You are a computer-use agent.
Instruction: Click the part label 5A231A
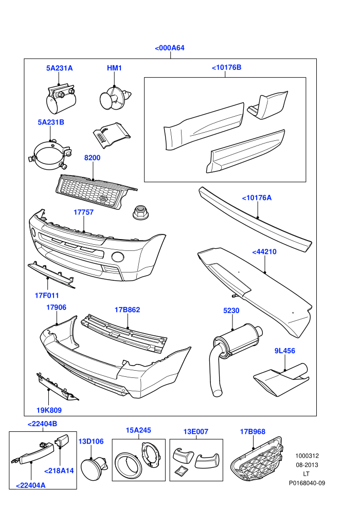pyautogui.click(x=60, y=68)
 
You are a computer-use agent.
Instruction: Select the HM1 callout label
pyautogui.click(x=114, y=68)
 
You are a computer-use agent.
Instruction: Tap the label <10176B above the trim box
pyautogui.click(x=227, y=67)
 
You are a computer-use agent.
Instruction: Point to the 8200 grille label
pyautogui.click(x=92, y=158)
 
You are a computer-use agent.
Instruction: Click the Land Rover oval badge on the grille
pyautogui.click(x=103, y=198)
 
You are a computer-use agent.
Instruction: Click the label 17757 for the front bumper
pyautogui.click(x=83, y=212)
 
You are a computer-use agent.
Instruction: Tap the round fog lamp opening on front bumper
pyautogui.click(x=117, y=257)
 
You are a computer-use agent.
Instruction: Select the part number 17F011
pyautogui.click(x=47, y=296)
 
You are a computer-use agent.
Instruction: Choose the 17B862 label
pyautogui.click(x=127, y=310)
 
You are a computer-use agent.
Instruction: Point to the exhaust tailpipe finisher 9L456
pyautogui.click(x=281, y=380)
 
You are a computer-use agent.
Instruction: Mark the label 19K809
pyautogui.click(x=49, y=410)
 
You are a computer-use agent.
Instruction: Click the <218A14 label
pyautogui.click(x=59, y=470)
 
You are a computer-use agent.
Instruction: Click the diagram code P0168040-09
pyautogui.click(x=307, y=483)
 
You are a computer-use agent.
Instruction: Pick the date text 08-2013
pyautogui.click(x=307, y=465)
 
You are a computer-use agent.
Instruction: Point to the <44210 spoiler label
pyautogui.click(x=264, y=252)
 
